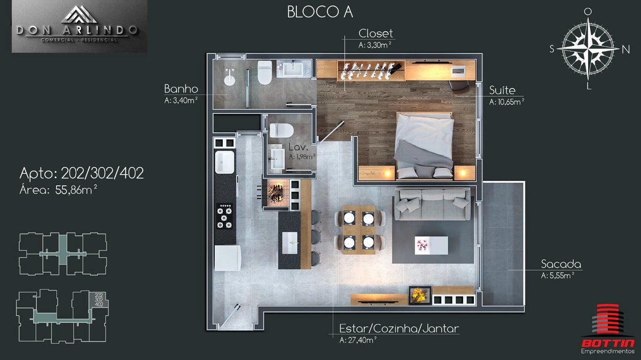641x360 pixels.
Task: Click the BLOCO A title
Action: tap(320, 12)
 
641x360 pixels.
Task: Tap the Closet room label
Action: tap(376, 34)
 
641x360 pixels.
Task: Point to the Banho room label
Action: tap(181, 89)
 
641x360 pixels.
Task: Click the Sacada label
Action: tap(561, 264)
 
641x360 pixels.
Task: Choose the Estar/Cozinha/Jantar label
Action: tap(399, 328)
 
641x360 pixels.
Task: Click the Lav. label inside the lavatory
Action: tap(298, 147)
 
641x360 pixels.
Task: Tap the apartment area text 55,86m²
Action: tap(76, 190)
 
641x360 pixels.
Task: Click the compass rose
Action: tap(588, 49)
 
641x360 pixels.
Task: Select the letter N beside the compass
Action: tap(626, 50)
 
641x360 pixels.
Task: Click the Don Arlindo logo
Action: tap(80, 26)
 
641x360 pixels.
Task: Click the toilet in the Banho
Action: tap(264, 73)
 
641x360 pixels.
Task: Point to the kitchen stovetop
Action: tap(224, 216)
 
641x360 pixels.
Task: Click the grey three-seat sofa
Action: tap(432, 204)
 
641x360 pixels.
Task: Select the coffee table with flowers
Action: tap(431, 245)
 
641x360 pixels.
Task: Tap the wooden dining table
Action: tap(359, 230)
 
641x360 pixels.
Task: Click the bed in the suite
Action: tap(424, 146)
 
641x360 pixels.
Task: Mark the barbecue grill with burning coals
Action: tap(276, 192)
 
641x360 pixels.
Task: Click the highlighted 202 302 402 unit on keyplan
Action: tap(99, 300)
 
